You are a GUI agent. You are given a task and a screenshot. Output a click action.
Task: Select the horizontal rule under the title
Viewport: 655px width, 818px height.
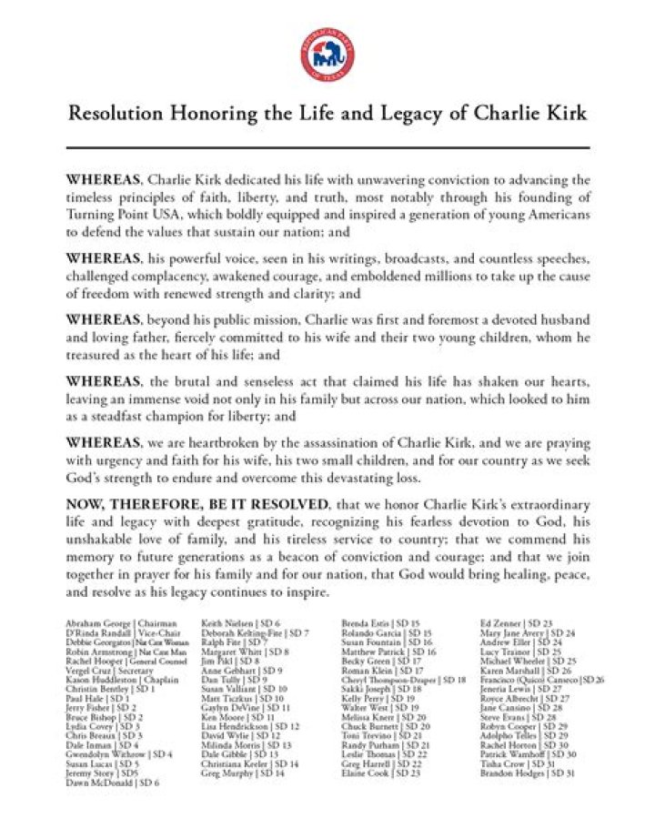click(327, 146)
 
